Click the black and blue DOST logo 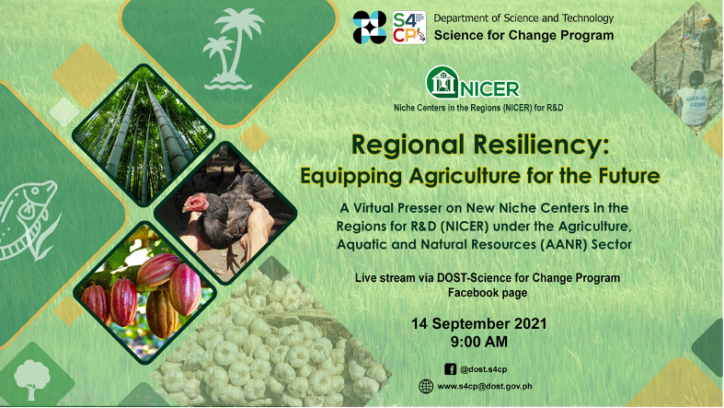click(370, 28)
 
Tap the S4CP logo click(409, 28)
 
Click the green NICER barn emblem click(442, 82)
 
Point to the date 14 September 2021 click(478, 323)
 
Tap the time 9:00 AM click(478, 342)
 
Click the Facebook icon click(450, 369)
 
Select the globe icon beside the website click(426, 386)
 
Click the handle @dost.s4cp click(484, 369)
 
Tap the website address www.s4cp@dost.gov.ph click(485, 386)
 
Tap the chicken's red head click(196, 204)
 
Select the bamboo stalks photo click(144, 134)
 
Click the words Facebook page click(488, 293)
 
